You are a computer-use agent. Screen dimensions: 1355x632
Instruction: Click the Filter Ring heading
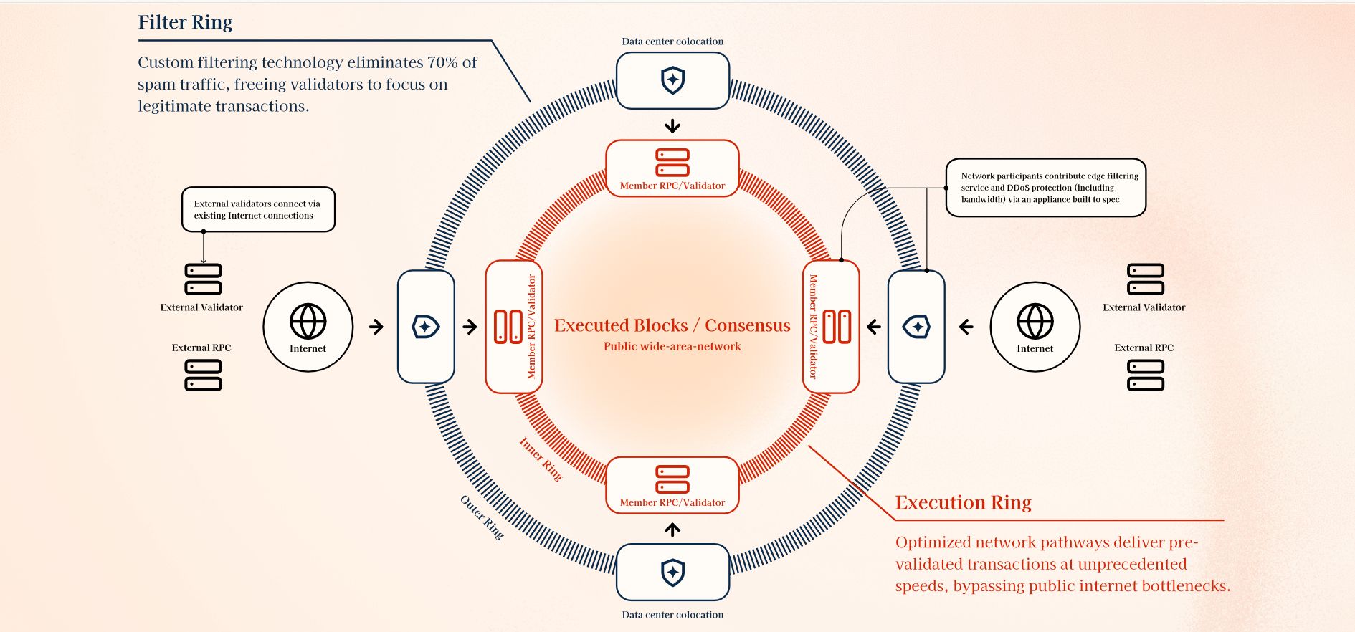(x=185, y=23)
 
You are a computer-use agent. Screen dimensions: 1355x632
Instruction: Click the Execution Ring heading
(x=964, y=502)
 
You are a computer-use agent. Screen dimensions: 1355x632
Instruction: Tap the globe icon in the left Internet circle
(x=308, y=320)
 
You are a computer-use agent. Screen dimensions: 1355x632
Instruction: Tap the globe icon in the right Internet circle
(x=1035, y=320)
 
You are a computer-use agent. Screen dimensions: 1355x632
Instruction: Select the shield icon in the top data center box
(x=672, y=80)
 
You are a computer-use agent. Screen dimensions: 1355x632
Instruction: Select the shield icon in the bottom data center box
(x=672, y=573)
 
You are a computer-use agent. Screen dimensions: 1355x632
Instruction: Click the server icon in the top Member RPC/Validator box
(x=672, y=163)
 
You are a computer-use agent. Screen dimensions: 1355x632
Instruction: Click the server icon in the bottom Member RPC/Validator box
(x=672, y=479)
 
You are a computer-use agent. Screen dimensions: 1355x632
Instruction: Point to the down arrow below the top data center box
(x=672, y=126)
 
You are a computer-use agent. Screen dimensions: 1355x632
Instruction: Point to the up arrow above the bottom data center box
(x=672, y=530)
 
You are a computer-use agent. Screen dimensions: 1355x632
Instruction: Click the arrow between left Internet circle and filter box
(x=376, y=327)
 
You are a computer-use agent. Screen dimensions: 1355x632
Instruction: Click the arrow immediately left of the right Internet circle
(x=966, y=327)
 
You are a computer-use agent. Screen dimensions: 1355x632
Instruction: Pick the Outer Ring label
(x=482, y=517)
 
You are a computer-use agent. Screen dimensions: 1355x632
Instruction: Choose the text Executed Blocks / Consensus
(x=672, y=325)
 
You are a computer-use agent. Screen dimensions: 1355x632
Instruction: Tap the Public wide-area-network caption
(x=672, y=346)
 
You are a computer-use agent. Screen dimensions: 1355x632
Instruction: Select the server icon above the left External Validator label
(x=204, y=279)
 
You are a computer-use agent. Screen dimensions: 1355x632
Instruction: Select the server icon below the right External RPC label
(x=1146, y=375)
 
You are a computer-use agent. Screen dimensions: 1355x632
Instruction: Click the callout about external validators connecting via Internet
(x=258, y=209)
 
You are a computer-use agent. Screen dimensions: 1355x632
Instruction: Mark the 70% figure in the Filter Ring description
(x=442, y=62)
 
